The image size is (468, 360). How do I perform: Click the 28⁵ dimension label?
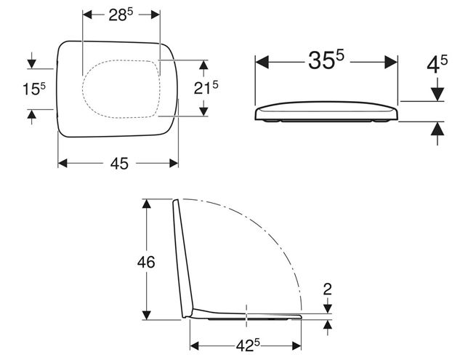[121, 15]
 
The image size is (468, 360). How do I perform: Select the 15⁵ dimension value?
[34, 89]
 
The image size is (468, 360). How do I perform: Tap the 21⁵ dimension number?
[206, 88]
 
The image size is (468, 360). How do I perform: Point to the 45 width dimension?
[119, 164]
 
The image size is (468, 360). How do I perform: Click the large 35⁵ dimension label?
[326, 60]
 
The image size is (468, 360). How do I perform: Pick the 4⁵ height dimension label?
[437, 65]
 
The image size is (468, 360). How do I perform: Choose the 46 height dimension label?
[146, 263]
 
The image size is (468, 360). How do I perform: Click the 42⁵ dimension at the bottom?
[248, 346]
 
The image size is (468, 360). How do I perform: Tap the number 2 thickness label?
[328, 289]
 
